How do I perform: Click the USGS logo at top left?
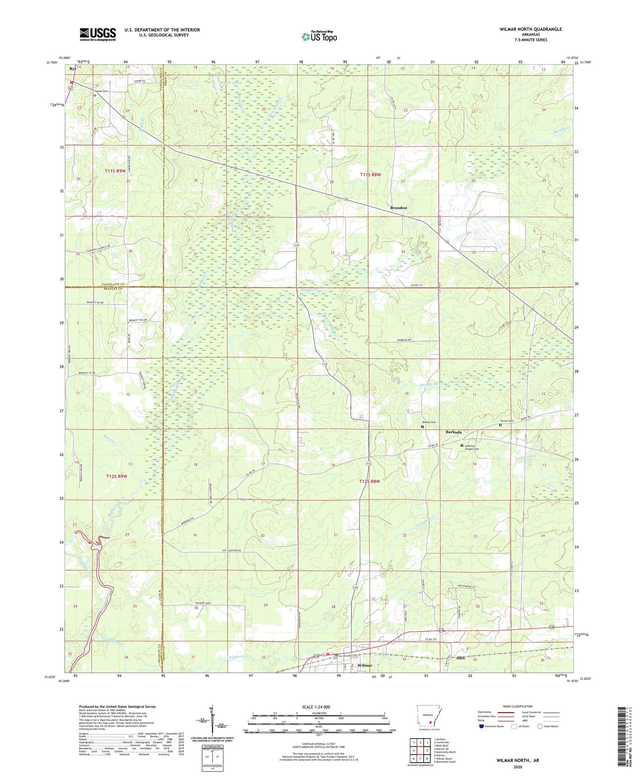coord(98,34)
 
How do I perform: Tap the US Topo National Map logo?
coord(319,36)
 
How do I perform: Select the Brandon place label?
coord(398,208)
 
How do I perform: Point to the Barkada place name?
coord(454,432)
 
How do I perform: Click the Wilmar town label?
coord(365,665)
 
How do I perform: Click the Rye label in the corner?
coord(73,69)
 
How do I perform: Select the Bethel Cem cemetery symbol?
coord(423,427)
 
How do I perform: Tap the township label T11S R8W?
coord(370,175)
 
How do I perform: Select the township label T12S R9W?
coord(116,476)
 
